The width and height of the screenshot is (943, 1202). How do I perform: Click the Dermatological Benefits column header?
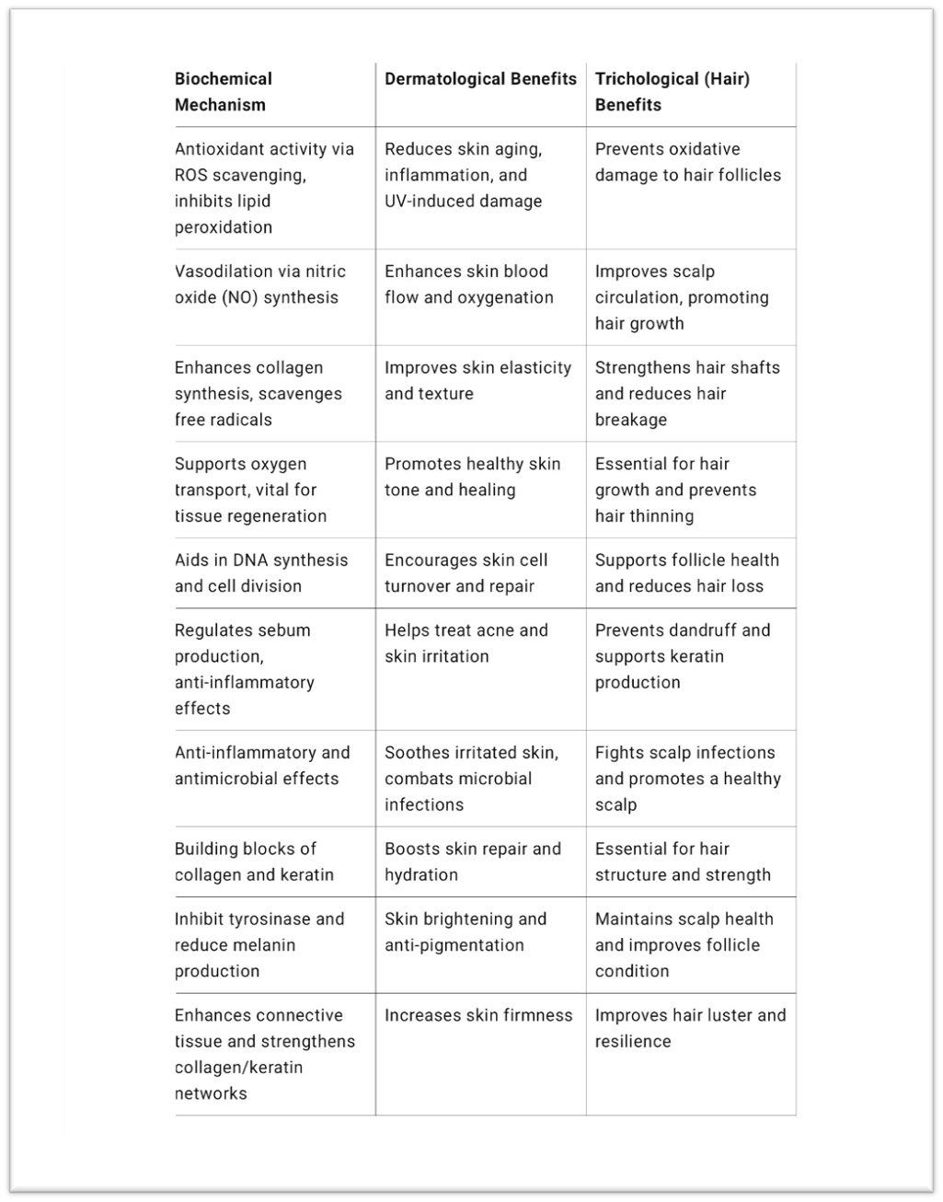pyautogui.click(x=480, y=79)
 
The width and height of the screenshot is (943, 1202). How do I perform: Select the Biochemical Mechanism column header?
pyautogui.click(x=224, y=92)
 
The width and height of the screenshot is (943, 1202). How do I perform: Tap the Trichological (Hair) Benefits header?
pyautogui.click(x=673, y=92)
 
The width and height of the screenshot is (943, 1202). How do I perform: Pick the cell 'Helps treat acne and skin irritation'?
pyautogui.click(x=466, y=643)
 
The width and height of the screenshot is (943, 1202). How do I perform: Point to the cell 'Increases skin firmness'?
pyautogui.click(x=478, y=1015)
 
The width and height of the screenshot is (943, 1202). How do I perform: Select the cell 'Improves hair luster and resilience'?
pyautogui.click(x=690, y=1028)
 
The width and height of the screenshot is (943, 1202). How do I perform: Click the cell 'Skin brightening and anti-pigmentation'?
pyautogui.click(x=466, y=932)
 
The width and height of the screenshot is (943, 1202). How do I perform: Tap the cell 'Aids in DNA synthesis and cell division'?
pyautogui.click(x=261, y=573)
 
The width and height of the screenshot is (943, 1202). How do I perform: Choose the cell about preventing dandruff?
pyautogui.click(x=683, y=656)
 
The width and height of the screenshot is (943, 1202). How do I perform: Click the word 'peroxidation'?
pyautogui.click(x=224, y=227)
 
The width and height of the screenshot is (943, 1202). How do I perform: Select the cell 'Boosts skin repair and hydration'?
pyautogui.click(x=473, y=861)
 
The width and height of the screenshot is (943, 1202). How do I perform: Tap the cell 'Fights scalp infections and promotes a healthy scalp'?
pyautogui.click(x=688, y=779)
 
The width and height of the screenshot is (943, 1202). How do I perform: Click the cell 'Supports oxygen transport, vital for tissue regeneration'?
pyautogui.click(x=251, y=490)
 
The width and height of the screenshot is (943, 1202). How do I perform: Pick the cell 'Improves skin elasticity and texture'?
pyautogui.click(x=478, y=380)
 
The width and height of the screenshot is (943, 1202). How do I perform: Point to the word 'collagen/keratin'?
pyautogui.click(x=238, y=1068)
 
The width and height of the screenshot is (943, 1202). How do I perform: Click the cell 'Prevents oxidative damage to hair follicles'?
pyautogui.click(x=688, y=162)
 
